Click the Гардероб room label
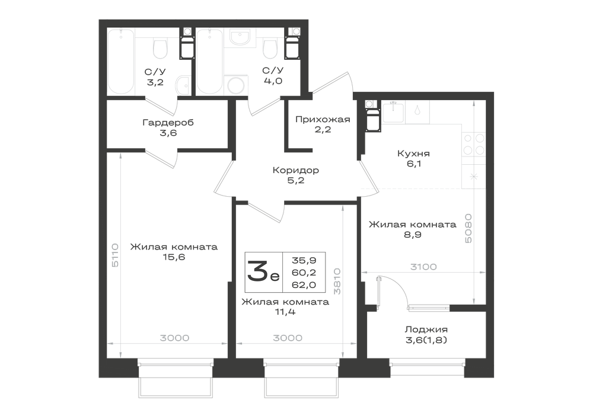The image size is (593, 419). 168,123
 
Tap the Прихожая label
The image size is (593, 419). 323,119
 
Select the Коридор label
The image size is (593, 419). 296,171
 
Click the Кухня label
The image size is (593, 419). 413,153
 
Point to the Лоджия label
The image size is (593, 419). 426,330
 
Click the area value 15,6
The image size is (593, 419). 174,258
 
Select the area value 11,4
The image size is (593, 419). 286,312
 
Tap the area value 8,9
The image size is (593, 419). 413,235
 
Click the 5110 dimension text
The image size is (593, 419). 115,255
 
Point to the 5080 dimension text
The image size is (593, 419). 468,229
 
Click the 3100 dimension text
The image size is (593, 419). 423,267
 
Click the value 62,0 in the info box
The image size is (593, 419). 304,284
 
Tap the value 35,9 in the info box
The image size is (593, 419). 304,260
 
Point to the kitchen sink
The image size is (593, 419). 393,112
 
